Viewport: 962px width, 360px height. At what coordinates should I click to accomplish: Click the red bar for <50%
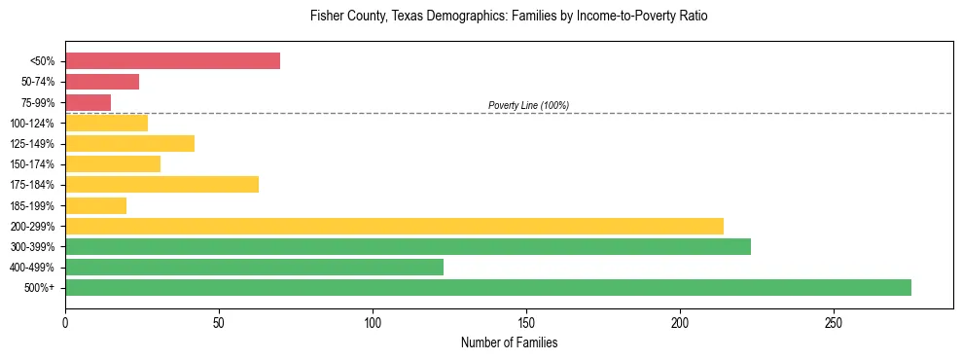(172, 61)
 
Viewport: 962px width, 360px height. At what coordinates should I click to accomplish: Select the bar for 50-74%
(102, 82)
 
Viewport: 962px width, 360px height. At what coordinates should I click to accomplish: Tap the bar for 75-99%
(88, 102)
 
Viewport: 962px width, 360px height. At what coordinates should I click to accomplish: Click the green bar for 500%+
(487, 287)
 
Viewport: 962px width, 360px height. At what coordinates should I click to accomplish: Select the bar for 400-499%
(254, 267)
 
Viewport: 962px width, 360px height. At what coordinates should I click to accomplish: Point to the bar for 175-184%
(161, 184)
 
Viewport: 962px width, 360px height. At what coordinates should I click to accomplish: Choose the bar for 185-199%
(95, 205)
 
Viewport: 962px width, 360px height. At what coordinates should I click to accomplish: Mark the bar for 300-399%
(408, 246)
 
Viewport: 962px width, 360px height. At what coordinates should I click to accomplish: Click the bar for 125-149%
(129, 143)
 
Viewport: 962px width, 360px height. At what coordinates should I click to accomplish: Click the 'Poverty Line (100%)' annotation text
(528, 105)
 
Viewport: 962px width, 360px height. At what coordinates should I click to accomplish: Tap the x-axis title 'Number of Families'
(509, 343)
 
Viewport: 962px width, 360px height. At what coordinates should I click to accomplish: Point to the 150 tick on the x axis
(526, 322)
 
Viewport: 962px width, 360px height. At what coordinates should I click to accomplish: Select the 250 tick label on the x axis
(834, 322)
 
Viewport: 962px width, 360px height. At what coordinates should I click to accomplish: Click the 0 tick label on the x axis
(65, 322)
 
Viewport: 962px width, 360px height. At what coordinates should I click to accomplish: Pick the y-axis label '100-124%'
(33, 124)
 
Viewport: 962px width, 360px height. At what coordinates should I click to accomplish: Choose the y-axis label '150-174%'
(33, 164)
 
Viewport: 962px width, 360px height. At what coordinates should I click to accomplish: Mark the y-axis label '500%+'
(39, 288)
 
